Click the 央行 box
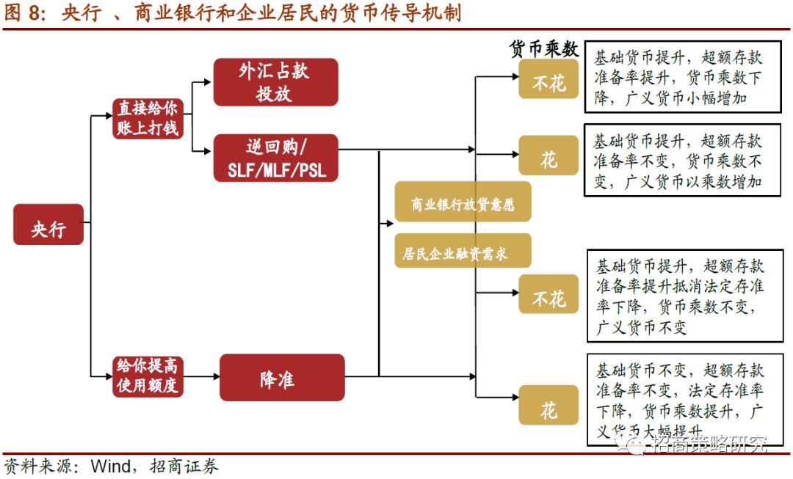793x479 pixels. [x=48, y=224]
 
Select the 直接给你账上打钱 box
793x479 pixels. [x=148, y=119]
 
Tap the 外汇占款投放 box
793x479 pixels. [x=275, y=81]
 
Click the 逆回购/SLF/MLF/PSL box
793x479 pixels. [x=275, y=158]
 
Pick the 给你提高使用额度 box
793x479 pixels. [x=147, y=376]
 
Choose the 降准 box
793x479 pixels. [x=282, y=377]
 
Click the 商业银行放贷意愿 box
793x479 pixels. [x=463, y=205]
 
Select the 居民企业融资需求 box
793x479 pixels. [x=463, y=253]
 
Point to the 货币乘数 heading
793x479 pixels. [x=544, y=49]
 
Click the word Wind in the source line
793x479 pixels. [x=110, y=467]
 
